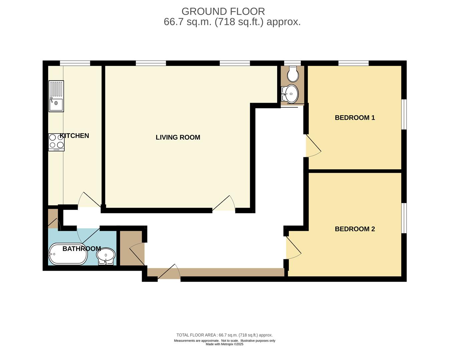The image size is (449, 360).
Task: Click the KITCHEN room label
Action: pyautogui.click(x=74, y=136)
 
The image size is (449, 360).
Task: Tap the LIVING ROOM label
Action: pyautogui.click(x=178, y=137)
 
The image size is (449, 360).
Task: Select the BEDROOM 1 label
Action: pyautogui.click(x=355, y=118)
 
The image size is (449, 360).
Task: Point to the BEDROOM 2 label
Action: pyautogui.click(x=355, y=229)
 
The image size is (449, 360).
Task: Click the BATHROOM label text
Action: pyautogui.click(x=82, y=249)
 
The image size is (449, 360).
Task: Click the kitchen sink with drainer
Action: pyautogui.click(x=56, y=96)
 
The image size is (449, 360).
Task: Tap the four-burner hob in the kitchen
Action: pyautogui.click(x=56, y=142)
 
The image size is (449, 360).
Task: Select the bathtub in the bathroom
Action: pyautogui.click(x=68, y=254)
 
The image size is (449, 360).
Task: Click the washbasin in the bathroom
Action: pyautogui.click(x=106, y=256)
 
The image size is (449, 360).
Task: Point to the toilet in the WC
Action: pyautogui.click(x=293, y=74)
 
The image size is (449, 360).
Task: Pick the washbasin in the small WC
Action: pyautogui.click(x=290, y=94)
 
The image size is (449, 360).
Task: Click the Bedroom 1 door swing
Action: pyautogui.click(x=313, y=146)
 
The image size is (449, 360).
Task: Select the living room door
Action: pyautogui.click(x=224, y=204)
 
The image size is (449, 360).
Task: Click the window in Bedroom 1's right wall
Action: pyautogui.click(x=404, y=114)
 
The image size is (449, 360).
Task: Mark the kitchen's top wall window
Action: pyautogui.click(x=75, y=63)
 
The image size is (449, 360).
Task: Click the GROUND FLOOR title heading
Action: pyautogui.click(x=223, y=11)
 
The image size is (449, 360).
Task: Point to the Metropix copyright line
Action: pyautogui.click(x=224, y=344)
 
